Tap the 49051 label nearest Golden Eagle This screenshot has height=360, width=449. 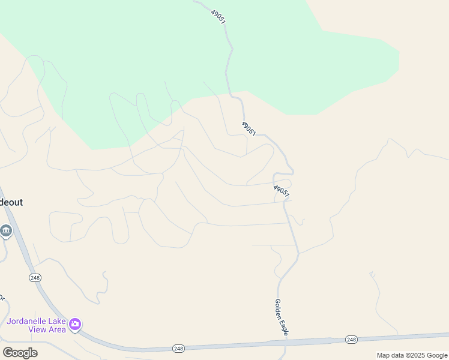point(282,192)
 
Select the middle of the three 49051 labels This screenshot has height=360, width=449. point(249,128)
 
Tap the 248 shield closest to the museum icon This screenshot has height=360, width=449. point(34,277)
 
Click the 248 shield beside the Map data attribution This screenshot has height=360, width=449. point(352,340)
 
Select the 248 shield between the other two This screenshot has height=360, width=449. point(178,348)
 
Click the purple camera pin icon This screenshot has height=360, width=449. point(75,325)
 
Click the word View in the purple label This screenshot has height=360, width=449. point(38,329)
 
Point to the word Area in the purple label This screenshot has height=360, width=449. point(57,329)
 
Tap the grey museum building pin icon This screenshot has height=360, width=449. point(6,230)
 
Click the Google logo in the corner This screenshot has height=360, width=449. point(20,353)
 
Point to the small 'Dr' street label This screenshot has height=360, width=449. point(2,298)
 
